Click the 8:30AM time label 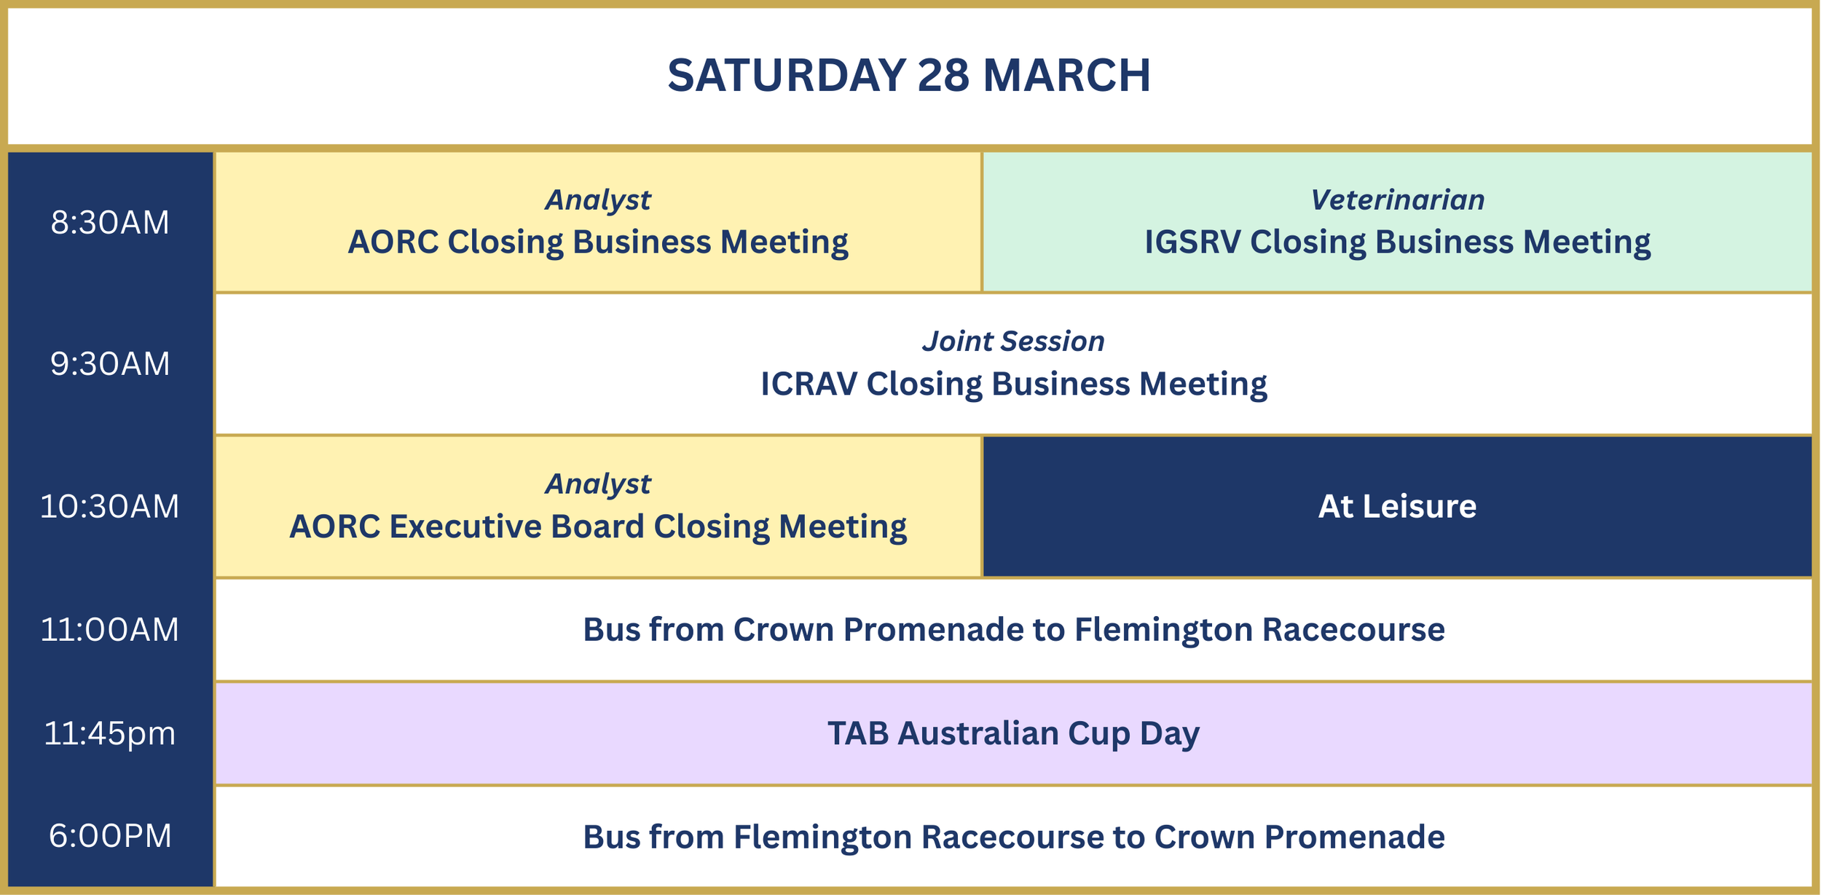coord(110,223)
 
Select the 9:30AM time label coord(110,364)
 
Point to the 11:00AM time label coord(110,630)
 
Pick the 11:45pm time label coord(110,733)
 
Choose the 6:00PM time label coord(110,836)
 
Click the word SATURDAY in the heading coord(786,76)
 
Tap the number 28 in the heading coord(943,76)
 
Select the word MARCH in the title coord(1066,76)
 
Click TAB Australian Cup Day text coord(1013,733)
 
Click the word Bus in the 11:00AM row coord(610,630)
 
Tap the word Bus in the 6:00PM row coord(610,837)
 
